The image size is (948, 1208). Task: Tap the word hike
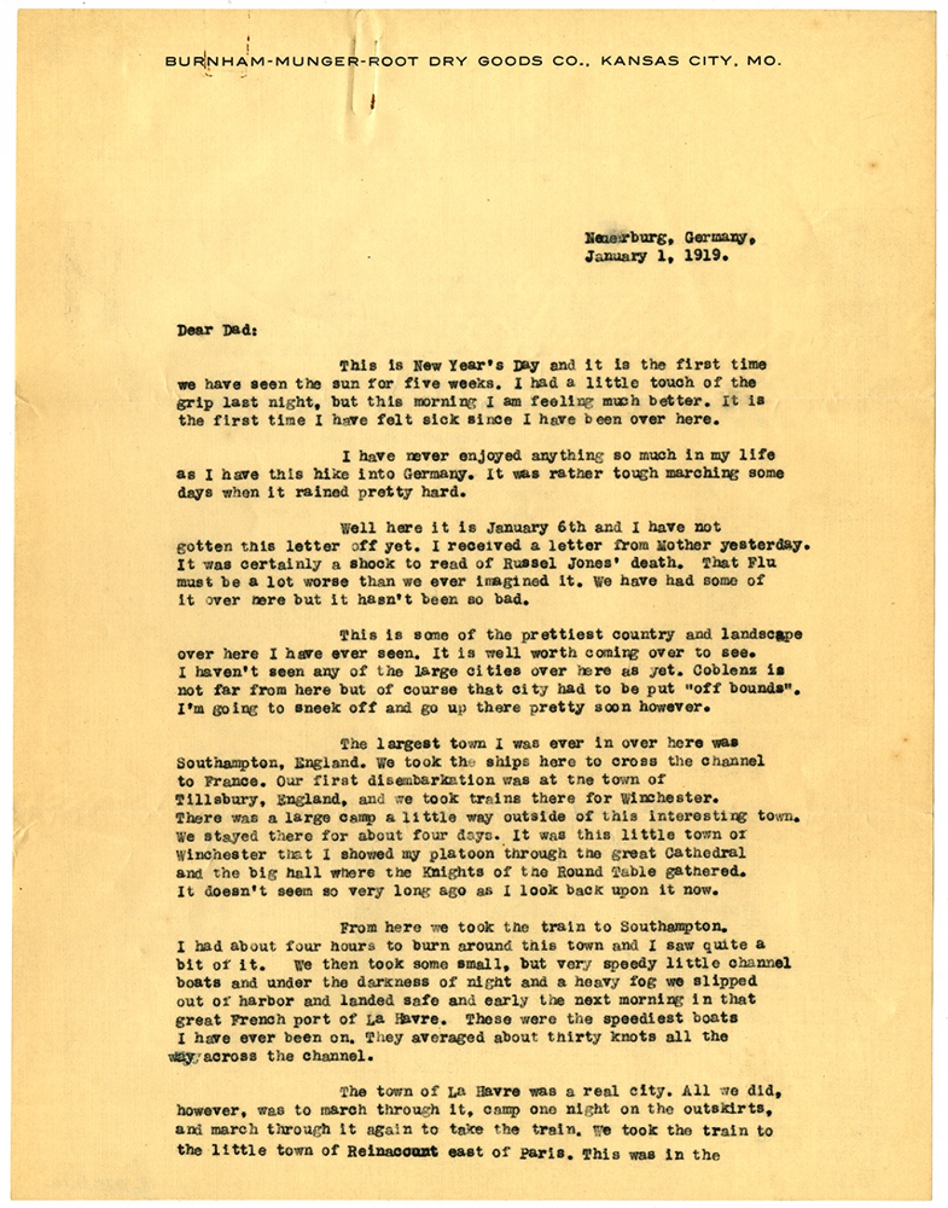point(349,473)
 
